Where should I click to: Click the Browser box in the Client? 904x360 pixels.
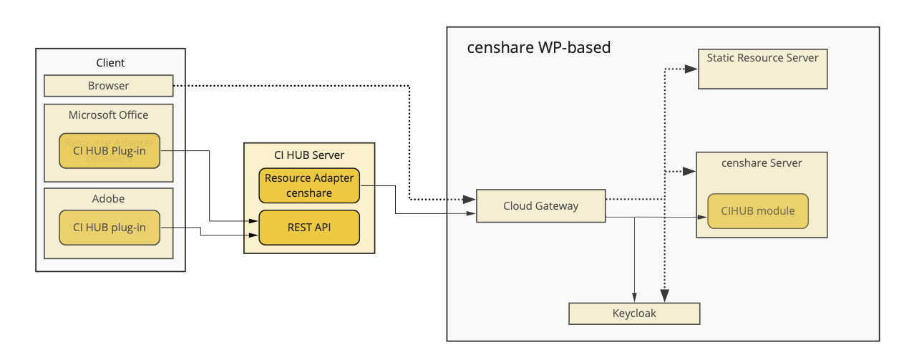(108, 86)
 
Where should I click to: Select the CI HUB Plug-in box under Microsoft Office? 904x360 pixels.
(109, 150)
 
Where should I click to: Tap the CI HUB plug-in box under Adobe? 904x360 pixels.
(109, 228)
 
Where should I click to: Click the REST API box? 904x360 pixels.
(308, 228)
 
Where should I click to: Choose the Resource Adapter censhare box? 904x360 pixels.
(308, 185)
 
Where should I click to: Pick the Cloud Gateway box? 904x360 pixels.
(540, 206)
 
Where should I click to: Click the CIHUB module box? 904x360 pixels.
(757, 211)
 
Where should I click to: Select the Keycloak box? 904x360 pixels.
(633, 313)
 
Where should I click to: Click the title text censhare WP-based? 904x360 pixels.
(538, 48)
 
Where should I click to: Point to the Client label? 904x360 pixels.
(110, 63)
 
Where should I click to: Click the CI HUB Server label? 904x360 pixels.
(308, 155)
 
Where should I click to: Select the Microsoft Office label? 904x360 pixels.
(108, 115)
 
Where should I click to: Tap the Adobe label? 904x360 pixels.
(108, 199)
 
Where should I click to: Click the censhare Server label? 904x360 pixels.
(762, 163)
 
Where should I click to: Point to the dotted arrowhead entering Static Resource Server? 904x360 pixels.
(691, 69)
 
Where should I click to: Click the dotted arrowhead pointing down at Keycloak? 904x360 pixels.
(665, 295)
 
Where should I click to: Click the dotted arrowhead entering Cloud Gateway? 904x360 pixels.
(470, 199)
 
